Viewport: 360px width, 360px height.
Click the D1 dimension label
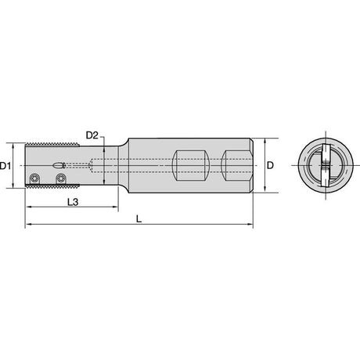point(5,166)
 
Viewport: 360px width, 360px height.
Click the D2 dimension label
point(92,135)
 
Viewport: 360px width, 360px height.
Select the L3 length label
point(73,202)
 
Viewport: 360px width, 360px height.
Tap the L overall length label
point(139,218)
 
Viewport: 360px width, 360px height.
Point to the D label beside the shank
point(271,165)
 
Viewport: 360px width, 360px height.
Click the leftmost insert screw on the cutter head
point(34,178)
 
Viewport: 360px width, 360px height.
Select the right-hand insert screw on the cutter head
point(61,178)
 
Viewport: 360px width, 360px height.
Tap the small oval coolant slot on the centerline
point(58,165)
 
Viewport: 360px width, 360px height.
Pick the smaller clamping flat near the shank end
point(236,165)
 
